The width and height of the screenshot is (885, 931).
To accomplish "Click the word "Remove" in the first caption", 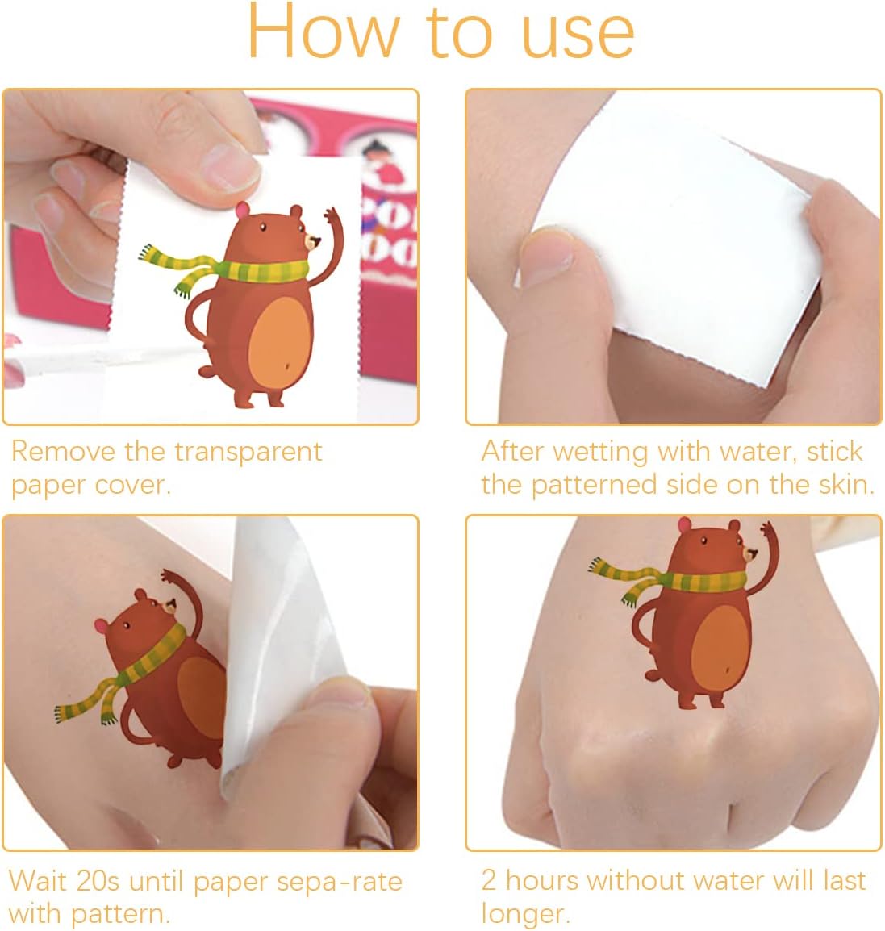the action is click(x=64, y=451).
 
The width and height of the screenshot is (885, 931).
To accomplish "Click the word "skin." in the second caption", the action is click(x=846, y=485).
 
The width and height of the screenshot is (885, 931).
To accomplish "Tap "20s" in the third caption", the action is click(x=98, y=880).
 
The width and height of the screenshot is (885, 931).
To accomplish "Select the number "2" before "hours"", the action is click(x=489, y=880).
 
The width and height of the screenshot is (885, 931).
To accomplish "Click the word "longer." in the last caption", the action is click(x=525, y=915).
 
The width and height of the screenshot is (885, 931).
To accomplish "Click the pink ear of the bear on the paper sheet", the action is click(x=242, y=210).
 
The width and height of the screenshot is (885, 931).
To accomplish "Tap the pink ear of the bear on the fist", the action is click(x=684, y=525).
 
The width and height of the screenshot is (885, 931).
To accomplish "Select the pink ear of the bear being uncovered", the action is click(x=102, y=625).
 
